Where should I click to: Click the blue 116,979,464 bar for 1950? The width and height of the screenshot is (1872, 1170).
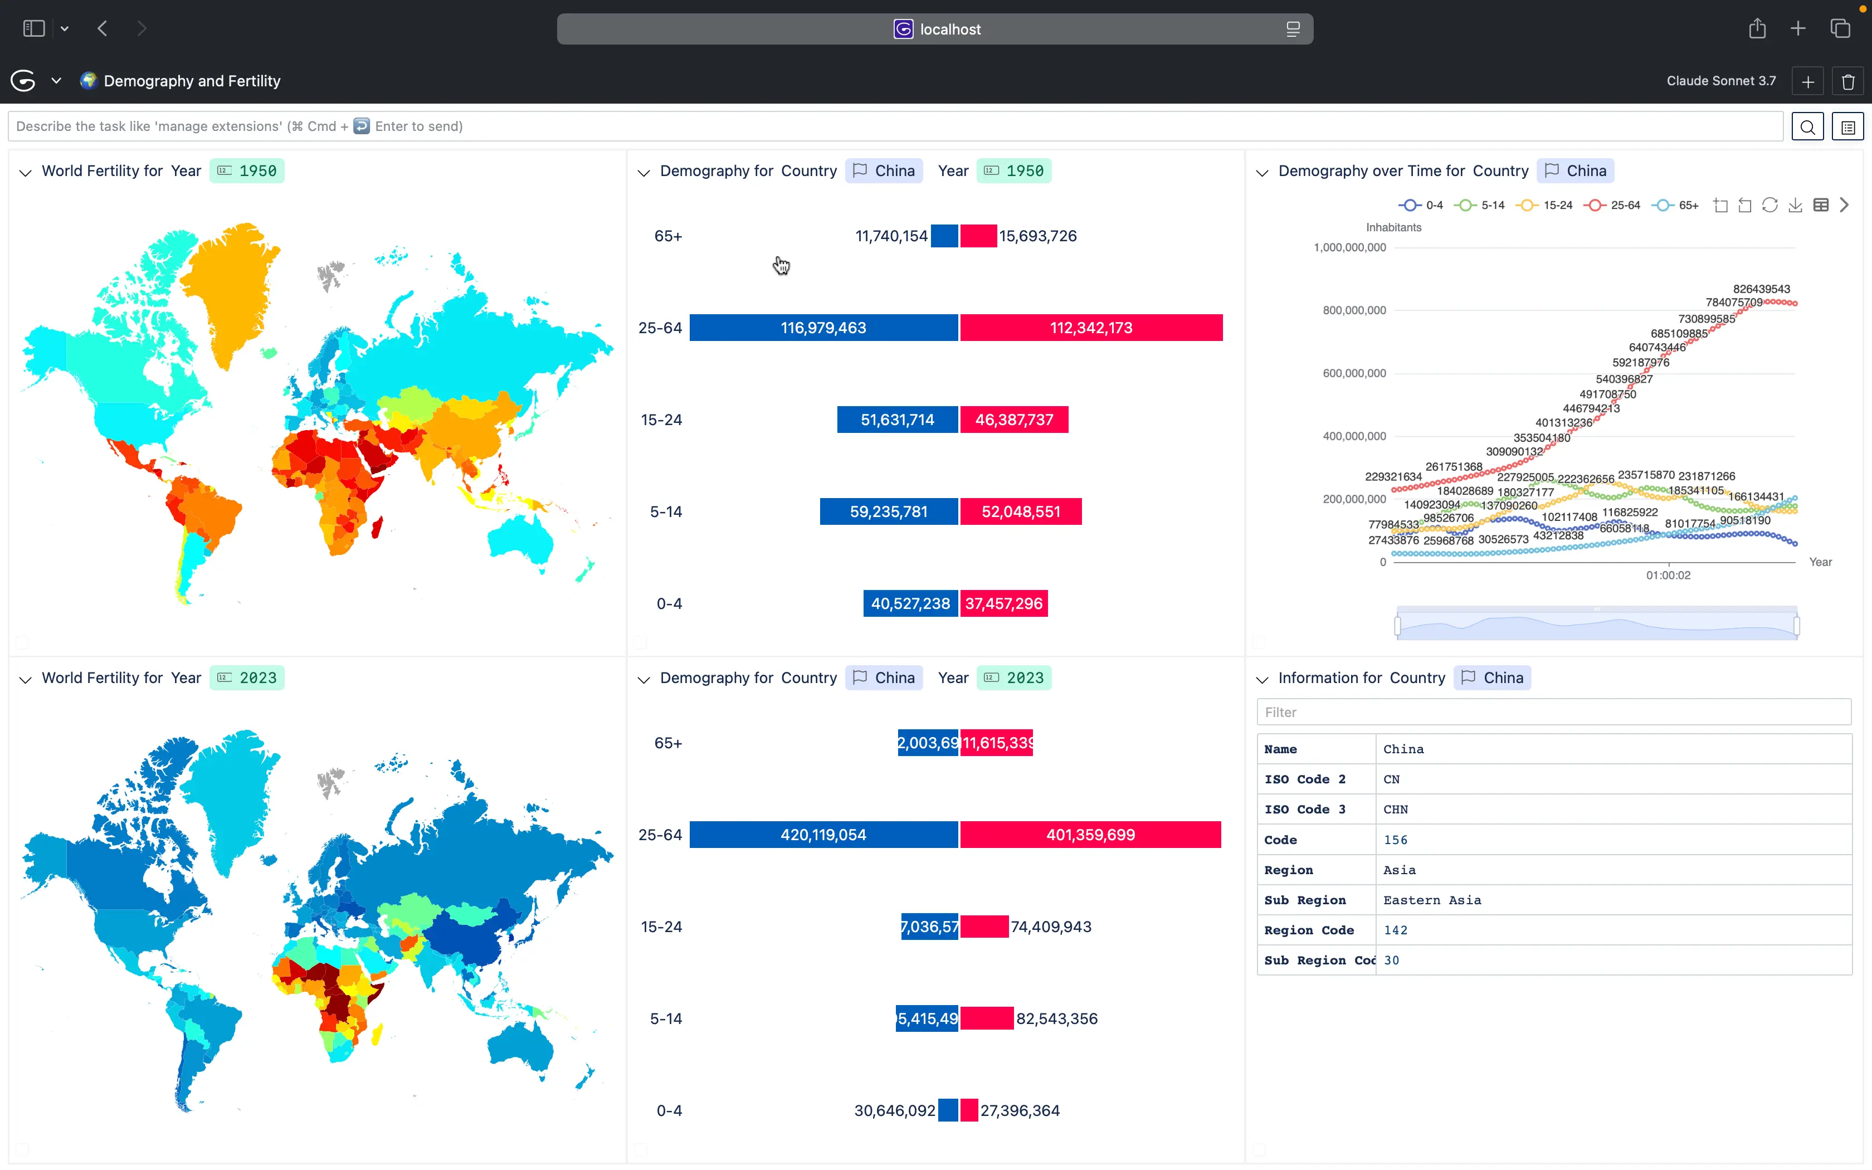[x=823, y=328]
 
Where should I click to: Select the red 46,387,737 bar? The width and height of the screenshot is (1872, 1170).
[x=1014, y=420]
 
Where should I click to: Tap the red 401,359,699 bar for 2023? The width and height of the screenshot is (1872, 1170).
[x=1090, y=834]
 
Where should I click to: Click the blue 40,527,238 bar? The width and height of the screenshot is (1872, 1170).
[x=910, y=603]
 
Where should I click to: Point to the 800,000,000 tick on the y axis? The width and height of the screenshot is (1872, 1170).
[x=1354, y=310]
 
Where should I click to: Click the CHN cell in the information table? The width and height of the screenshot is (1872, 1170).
[x=1396, y=810]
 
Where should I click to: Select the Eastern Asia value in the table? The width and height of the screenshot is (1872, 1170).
[x=1432, y=900]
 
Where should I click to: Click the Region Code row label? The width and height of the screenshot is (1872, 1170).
[x=1309, y=930]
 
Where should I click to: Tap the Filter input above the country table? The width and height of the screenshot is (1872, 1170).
[x=1553, y=712]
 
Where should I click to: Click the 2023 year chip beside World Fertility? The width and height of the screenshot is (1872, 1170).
[x=247, y=678]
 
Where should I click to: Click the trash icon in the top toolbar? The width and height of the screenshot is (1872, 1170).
[x=1848, y=81]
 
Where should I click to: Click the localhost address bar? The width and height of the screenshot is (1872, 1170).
[x=934, y=30]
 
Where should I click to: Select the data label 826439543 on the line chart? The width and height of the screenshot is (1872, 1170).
[x=1761, y=289]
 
